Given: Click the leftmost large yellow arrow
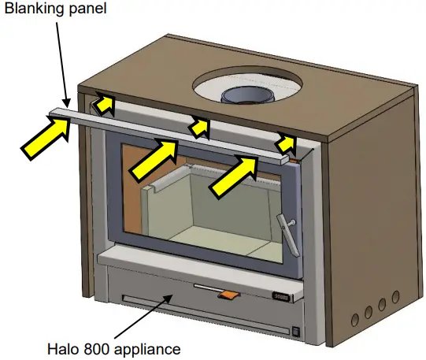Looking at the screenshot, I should (45, 139).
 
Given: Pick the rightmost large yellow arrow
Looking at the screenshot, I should (234, 175).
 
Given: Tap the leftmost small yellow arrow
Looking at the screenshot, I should (103, 101).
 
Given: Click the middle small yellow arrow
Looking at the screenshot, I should (200, 124).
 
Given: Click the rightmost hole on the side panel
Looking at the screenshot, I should (393, 301).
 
